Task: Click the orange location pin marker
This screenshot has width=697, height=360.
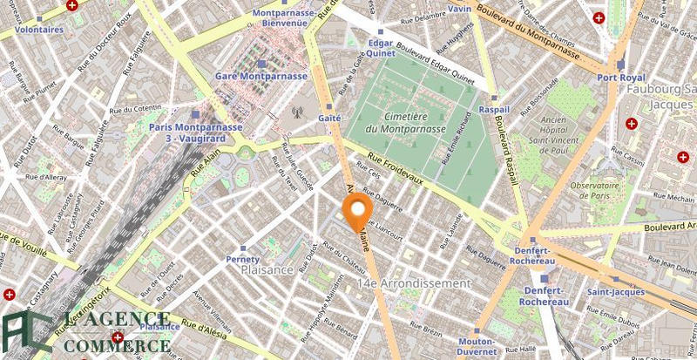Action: (357, 210)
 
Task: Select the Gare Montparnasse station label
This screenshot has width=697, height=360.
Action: (261, 76)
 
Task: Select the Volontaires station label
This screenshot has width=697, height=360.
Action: (38, 29)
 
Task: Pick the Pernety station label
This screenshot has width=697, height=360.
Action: (243, 259)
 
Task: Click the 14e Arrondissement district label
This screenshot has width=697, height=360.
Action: (413, 284)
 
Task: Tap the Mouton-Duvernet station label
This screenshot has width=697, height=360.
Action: (477, 347)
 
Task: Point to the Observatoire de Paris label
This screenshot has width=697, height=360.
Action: (599, 191)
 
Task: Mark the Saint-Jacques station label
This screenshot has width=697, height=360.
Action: (614, 292)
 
